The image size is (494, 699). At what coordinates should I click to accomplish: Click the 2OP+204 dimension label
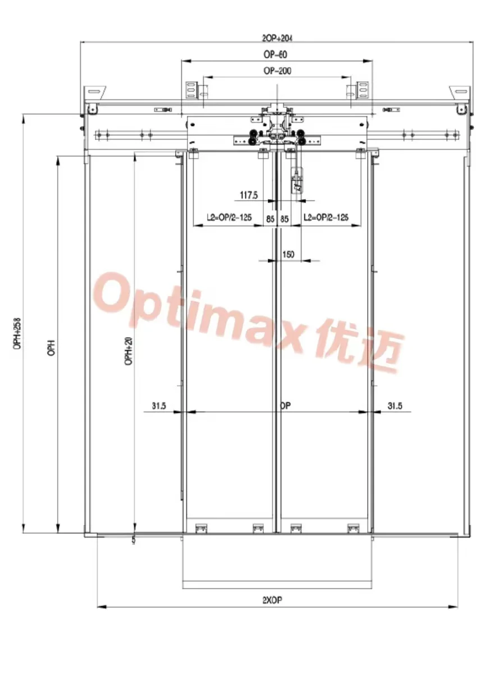(x=277, y=38)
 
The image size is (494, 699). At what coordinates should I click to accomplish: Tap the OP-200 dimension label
(x=277, y=71)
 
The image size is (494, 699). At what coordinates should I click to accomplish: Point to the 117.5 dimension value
(x=248, y=195)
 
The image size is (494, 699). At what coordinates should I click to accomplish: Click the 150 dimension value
(x=287, y=255)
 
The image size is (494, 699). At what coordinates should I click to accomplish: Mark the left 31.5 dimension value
(x=159, y=406)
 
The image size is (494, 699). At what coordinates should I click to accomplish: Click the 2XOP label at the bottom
(x=272, y=599)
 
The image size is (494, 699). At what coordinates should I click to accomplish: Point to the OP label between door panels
(x=285, y=405)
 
